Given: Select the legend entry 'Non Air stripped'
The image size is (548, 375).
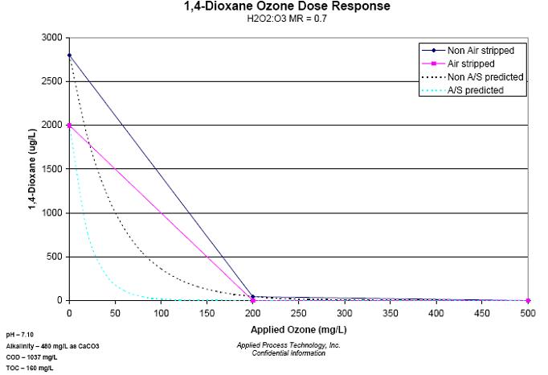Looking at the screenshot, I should coord(474,50).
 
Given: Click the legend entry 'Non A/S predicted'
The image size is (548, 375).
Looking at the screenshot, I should coord(474,76).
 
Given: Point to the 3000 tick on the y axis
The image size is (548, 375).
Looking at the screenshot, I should coord(54,38).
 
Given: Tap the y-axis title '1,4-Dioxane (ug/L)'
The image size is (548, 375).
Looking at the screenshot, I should coord(33,169).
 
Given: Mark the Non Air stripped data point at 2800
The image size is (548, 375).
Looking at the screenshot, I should coord(69,56).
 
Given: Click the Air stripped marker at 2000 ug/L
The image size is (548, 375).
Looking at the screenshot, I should coord(69,126).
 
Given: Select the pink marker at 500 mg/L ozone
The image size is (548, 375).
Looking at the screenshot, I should coord(528,300).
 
